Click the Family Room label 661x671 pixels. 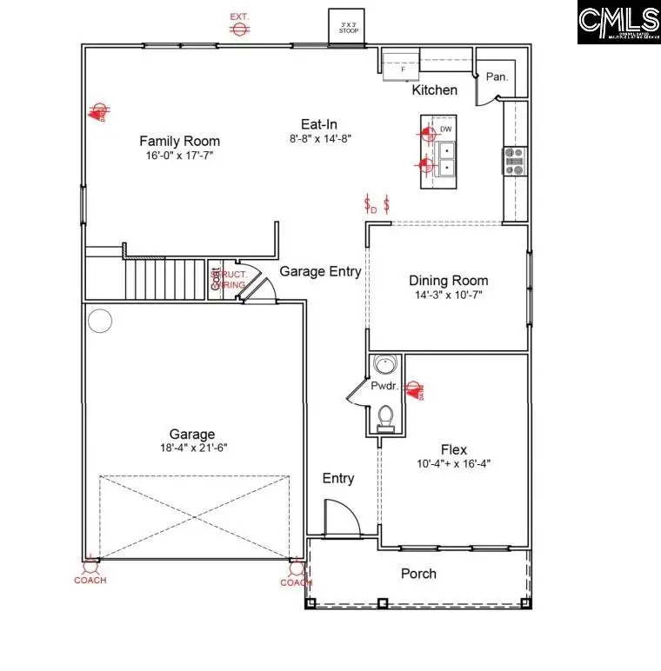pos(180,141)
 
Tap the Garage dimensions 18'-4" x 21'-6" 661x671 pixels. pos(192,448)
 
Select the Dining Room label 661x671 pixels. pos(449,280)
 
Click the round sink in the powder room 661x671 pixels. pos(383,366)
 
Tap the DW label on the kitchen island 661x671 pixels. pos(446,130)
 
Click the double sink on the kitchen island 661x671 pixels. pos(446,160)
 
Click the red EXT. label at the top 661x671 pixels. pos(239,17)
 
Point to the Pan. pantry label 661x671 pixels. pos(497,76)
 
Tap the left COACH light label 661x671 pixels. pos(90,581)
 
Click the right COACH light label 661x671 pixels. pos(296,582)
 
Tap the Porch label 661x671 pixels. pos(418,574)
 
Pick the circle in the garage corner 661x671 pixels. pos(100,322)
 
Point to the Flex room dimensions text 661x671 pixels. pos(453,464)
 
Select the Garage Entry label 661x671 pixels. pos(320,271)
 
